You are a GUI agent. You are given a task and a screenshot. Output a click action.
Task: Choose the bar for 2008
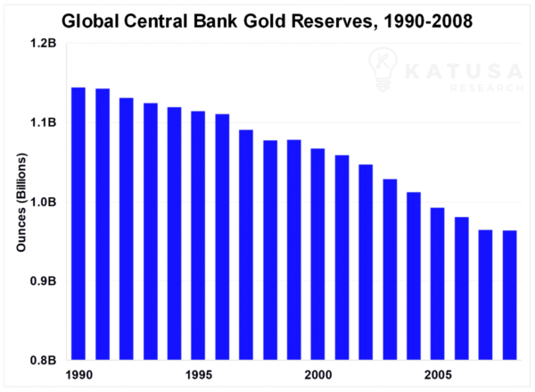point(510,296)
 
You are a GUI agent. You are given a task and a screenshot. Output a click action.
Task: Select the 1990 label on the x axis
point(78,375)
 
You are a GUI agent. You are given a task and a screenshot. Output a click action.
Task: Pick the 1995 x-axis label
point(198,375)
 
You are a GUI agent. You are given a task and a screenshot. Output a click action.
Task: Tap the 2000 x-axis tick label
point(317,375)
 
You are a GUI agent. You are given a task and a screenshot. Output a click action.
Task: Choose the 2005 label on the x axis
point(438,375)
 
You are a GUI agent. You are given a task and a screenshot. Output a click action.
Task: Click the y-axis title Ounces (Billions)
point(20,203)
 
